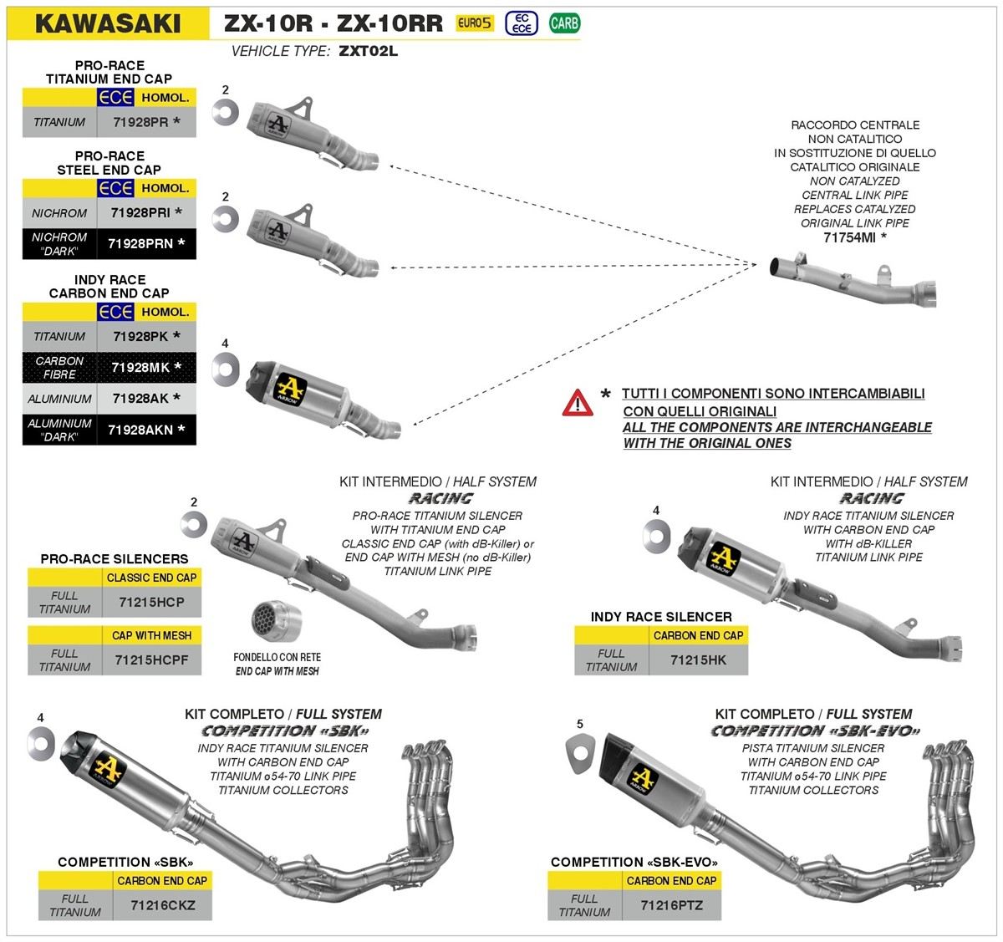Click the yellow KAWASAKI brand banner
point(107,22)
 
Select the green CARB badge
point(564,23)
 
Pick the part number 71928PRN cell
point(140,244)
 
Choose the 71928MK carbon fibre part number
point(140,368)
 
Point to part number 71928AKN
point(140,430)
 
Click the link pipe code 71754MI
point(849,237)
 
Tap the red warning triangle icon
point(578,403)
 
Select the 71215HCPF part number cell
point(151,660)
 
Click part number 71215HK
point(698,660)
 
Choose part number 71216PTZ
point(671,905)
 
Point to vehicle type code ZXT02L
point(369,51)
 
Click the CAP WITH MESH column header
point(151,635)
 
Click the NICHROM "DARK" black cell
point(60,244)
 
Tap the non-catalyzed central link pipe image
point(853,280)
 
